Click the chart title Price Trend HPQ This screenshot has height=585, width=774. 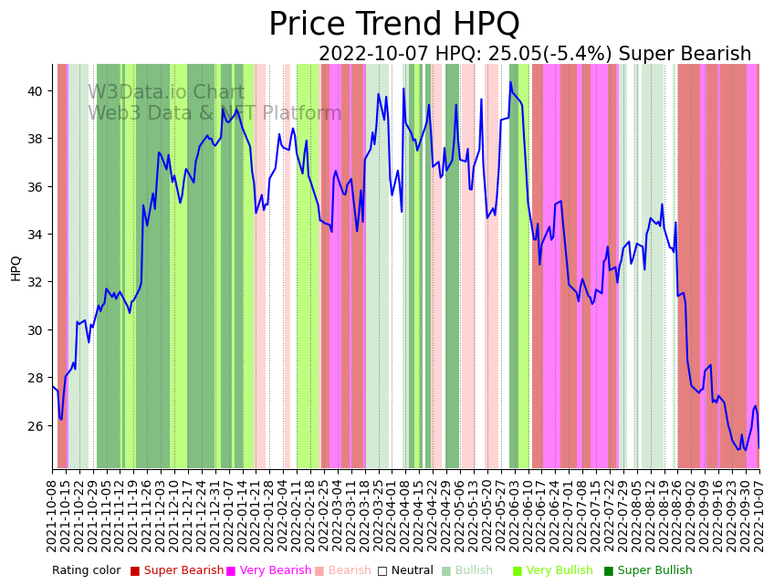[393, 25]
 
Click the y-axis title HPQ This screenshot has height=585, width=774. [16, 267]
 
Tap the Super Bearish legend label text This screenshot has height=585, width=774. [183, 571]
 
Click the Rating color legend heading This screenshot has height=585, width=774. [86, 571]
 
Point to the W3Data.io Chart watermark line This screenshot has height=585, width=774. [166, 93]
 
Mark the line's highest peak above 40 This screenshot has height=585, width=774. [510, 82]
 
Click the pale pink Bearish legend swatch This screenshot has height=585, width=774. [319, 571]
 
